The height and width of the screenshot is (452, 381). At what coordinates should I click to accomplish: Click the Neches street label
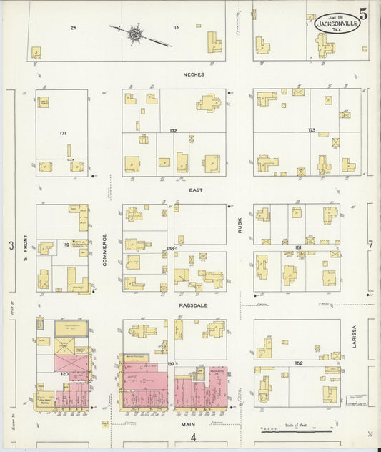[193, 74]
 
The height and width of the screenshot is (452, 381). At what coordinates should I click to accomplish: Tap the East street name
[196, 190]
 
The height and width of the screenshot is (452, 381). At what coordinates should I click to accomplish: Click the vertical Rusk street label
[240, 226]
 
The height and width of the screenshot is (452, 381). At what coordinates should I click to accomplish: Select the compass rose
[134, 33]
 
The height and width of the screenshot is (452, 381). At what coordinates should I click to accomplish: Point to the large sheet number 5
[364, 13]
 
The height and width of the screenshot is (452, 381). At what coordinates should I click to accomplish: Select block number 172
[173, 132]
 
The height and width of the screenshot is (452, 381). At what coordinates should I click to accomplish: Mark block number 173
[311, 130]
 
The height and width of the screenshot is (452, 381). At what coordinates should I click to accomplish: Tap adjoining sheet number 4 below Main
[192, 438]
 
